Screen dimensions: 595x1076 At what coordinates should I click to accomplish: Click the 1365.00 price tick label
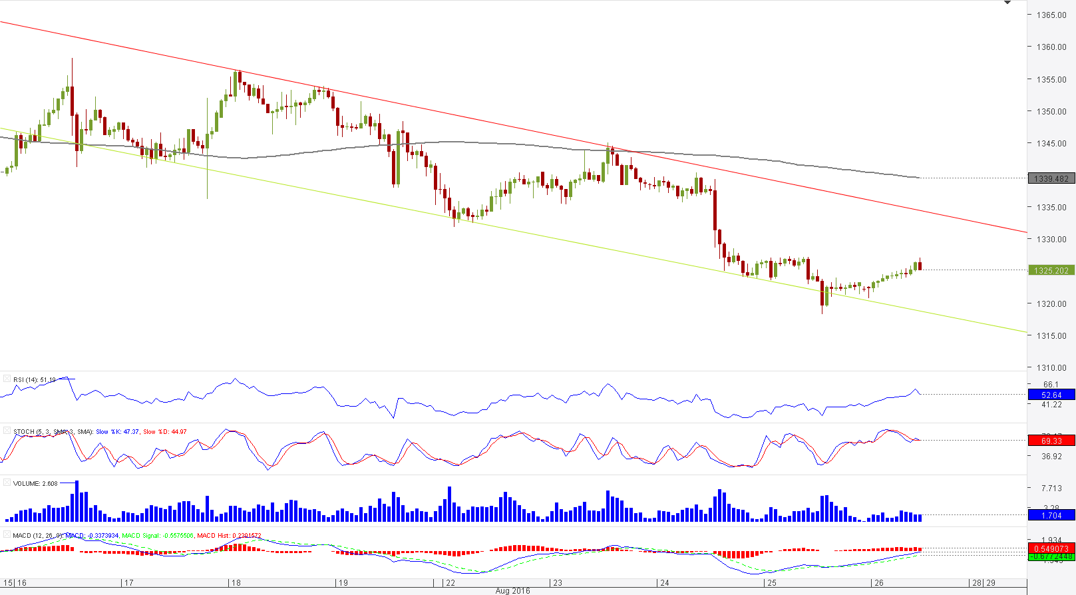[x=1051, y=15]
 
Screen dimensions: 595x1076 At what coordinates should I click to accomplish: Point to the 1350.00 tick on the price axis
[x=1051, y=111]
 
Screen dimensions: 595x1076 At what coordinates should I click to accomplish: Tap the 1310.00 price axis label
[x=1051, y=367]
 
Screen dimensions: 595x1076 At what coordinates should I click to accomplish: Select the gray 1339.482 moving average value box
[x=1051, y=178]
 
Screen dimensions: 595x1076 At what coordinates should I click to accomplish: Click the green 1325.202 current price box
[x=1051, y=270]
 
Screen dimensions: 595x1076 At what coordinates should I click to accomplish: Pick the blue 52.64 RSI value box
[x=1051, y=395]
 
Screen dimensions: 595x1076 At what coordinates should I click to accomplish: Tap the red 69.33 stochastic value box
[x=1051, y=441]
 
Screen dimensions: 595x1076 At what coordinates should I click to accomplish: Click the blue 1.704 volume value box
[x=1051, y=515]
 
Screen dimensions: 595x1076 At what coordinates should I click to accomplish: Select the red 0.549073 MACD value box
[x=1051, y=549]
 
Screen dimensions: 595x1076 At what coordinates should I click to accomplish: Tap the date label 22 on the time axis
[x=450, y=582]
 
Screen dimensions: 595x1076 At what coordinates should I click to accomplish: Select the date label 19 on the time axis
[x=343, y=582]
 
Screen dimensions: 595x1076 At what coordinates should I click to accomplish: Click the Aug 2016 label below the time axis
[x=512, y=590]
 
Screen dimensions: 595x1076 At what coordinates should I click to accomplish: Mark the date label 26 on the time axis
[x=878, y=582]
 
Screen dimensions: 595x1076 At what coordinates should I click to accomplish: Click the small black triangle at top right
[x=1007, y=3]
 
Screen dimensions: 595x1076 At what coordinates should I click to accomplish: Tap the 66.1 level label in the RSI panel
[x=1051, y=384]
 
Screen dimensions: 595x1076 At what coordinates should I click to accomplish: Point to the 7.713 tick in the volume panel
[x=1051, y=488]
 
